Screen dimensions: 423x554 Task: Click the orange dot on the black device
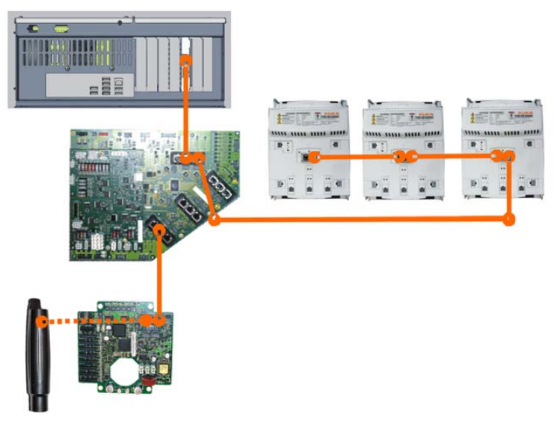point(43,322)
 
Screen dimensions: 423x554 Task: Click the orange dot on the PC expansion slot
point(187,58)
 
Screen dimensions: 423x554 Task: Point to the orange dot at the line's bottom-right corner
point(509,220)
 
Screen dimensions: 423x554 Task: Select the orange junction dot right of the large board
point(215,220)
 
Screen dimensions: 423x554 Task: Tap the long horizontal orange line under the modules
point(359,220)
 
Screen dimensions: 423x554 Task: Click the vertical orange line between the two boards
point(159,277)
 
